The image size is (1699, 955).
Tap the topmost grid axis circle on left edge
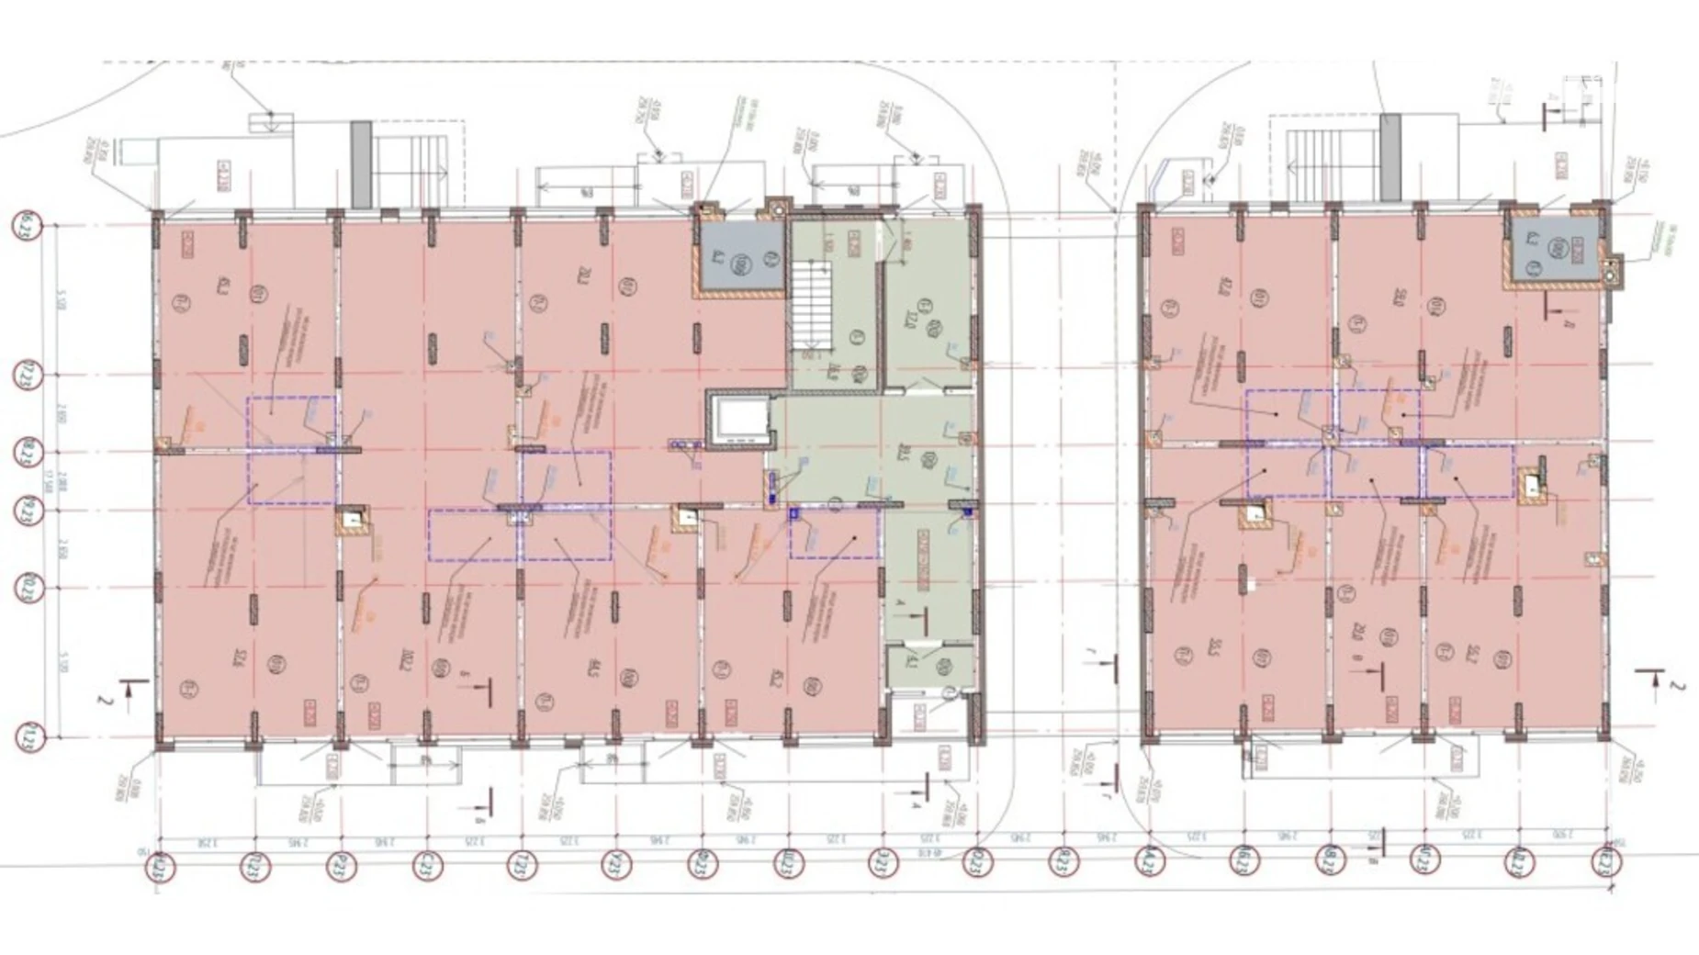pos(28,224)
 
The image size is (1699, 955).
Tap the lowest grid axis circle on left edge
pos(28,736)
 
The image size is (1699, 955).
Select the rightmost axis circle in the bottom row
pos(1606,861)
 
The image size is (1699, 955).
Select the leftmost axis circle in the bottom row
pos(161,864)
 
